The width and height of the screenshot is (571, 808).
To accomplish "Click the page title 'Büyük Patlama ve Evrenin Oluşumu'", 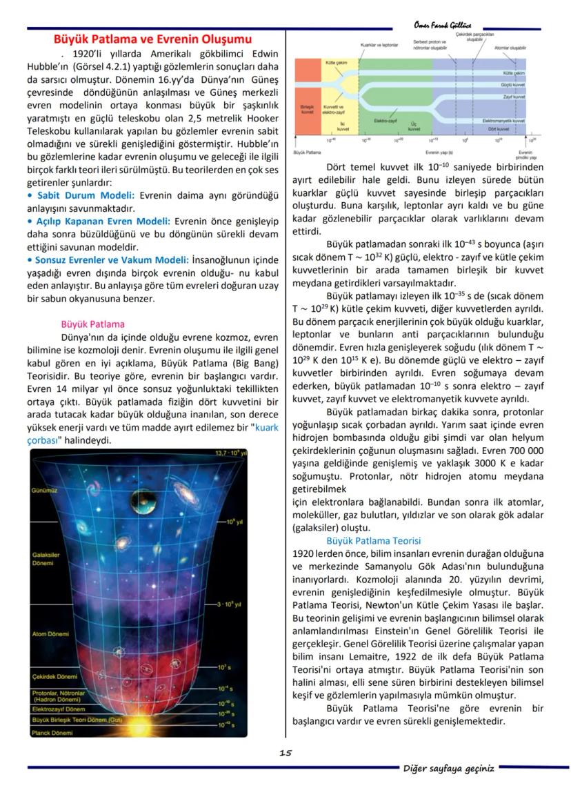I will point(152,39).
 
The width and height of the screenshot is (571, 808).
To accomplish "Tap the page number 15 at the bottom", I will point(285,753).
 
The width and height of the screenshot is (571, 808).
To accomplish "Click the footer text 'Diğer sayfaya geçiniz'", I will point(448,769).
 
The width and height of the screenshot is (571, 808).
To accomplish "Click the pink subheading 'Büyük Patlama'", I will point(92,324).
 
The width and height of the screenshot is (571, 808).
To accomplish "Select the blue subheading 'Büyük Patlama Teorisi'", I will point(373,541).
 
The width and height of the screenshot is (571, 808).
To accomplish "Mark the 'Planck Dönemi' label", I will point(53,732).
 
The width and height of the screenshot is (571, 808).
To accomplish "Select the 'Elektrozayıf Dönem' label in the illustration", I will point(60,709).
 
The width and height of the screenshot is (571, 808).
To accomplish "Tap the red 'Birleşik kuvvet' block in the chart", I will point(307,110).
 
